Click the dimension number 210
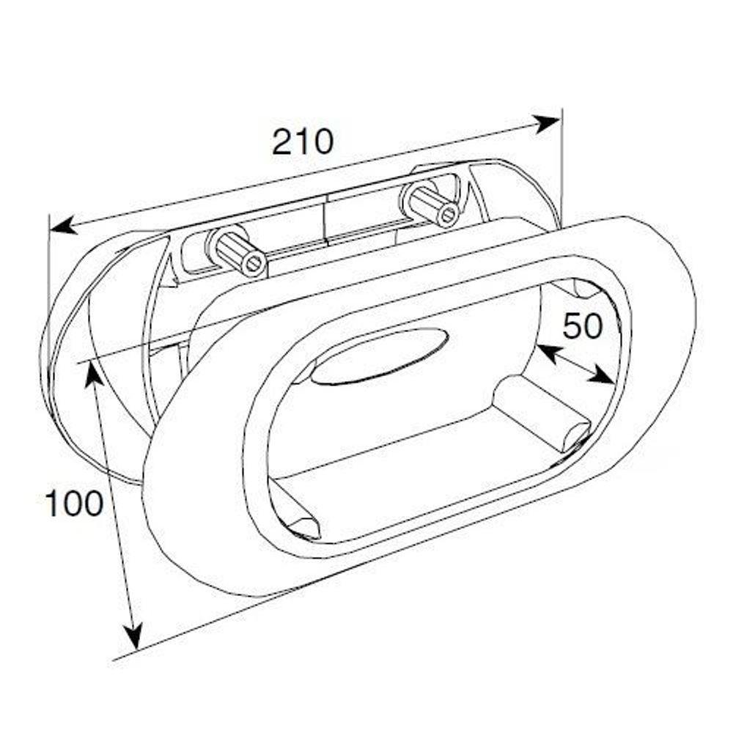303,141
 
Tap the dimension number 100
74,504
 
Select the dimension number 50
583,327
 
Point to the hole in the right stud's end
447,214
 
